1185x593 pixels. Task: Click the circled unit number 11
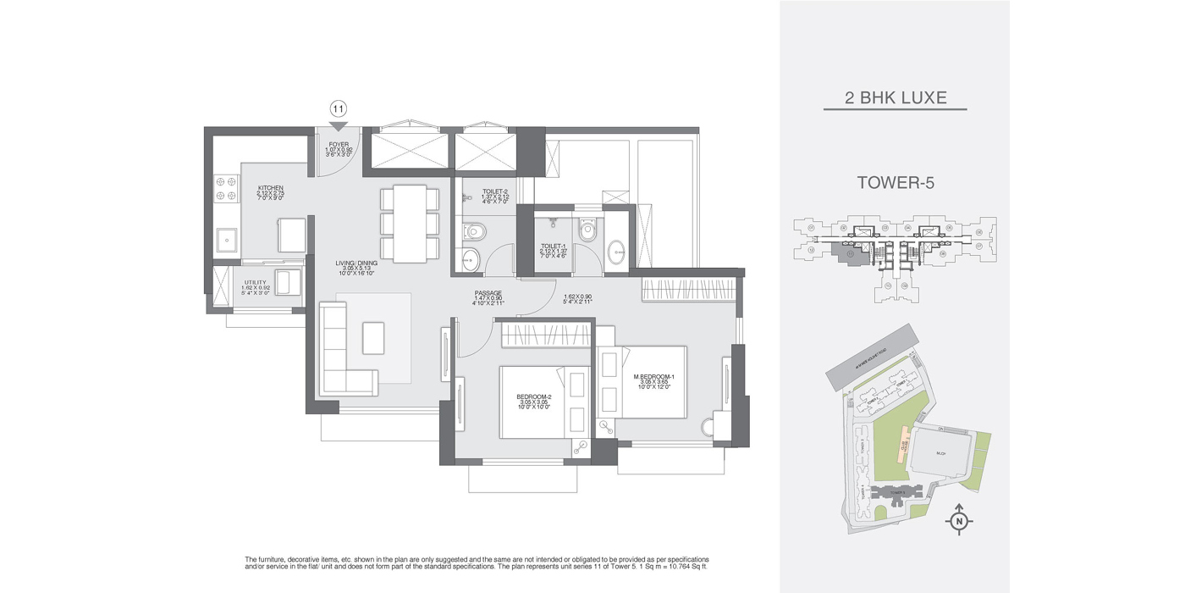[338, 108]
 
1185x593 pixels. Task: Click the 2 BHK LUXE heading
[895, 98]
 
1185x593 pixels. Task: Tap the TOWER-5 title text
[895, 182]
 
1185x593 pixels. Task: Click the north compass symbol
[958, 520]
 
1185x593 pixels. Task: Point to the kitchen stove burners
[228, 190]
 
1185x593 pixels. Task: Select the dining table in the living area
[411, 223]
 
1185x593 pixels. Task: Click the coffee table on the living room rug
[373, 337]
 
